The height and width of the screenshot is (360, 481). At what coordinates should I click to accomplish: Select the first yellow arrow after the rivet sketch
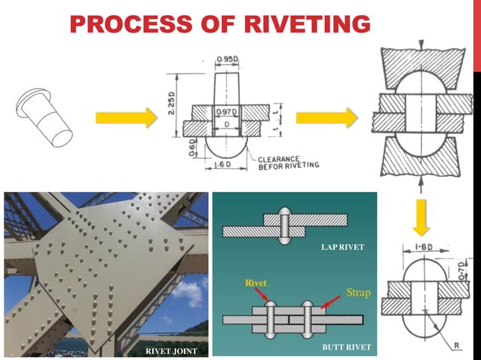[126, 117]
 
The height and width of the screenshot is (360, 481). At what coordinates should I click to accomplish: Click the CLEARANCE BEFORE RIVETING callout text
[289, 162]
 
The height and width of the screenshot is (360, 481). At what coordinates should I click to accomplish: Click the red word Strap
[358, 291]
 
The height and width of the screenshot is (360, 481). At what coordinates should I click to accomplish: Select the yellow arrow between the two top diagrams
[326, 117]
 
